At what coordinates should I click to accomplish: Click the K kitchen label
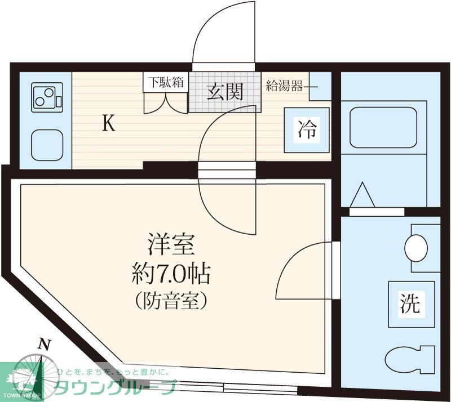click(x=108, y=123)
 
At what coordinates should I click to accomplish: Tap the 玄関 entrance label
click(x=224, y=92)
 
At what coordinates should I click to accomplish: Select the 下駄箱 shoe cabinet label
click(x=165, y=82)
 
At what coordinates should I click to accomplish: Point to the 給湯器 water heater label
click(x=285, y=87)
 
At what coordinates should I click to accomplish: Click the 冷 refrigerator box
click(x=307, y=130)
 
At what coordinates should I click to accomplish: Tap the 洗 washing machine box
click(x=410, y=305)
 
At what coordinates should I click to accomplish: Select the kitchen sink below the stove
click(x=46, y=145)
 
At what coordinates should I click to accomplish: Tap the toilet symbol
click(x=411, y=358)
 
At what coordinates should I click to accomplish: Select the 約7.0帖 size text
click(x=171, y=274)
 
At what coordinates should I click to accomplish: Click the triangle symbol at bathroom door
click(x=362, y=196)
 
